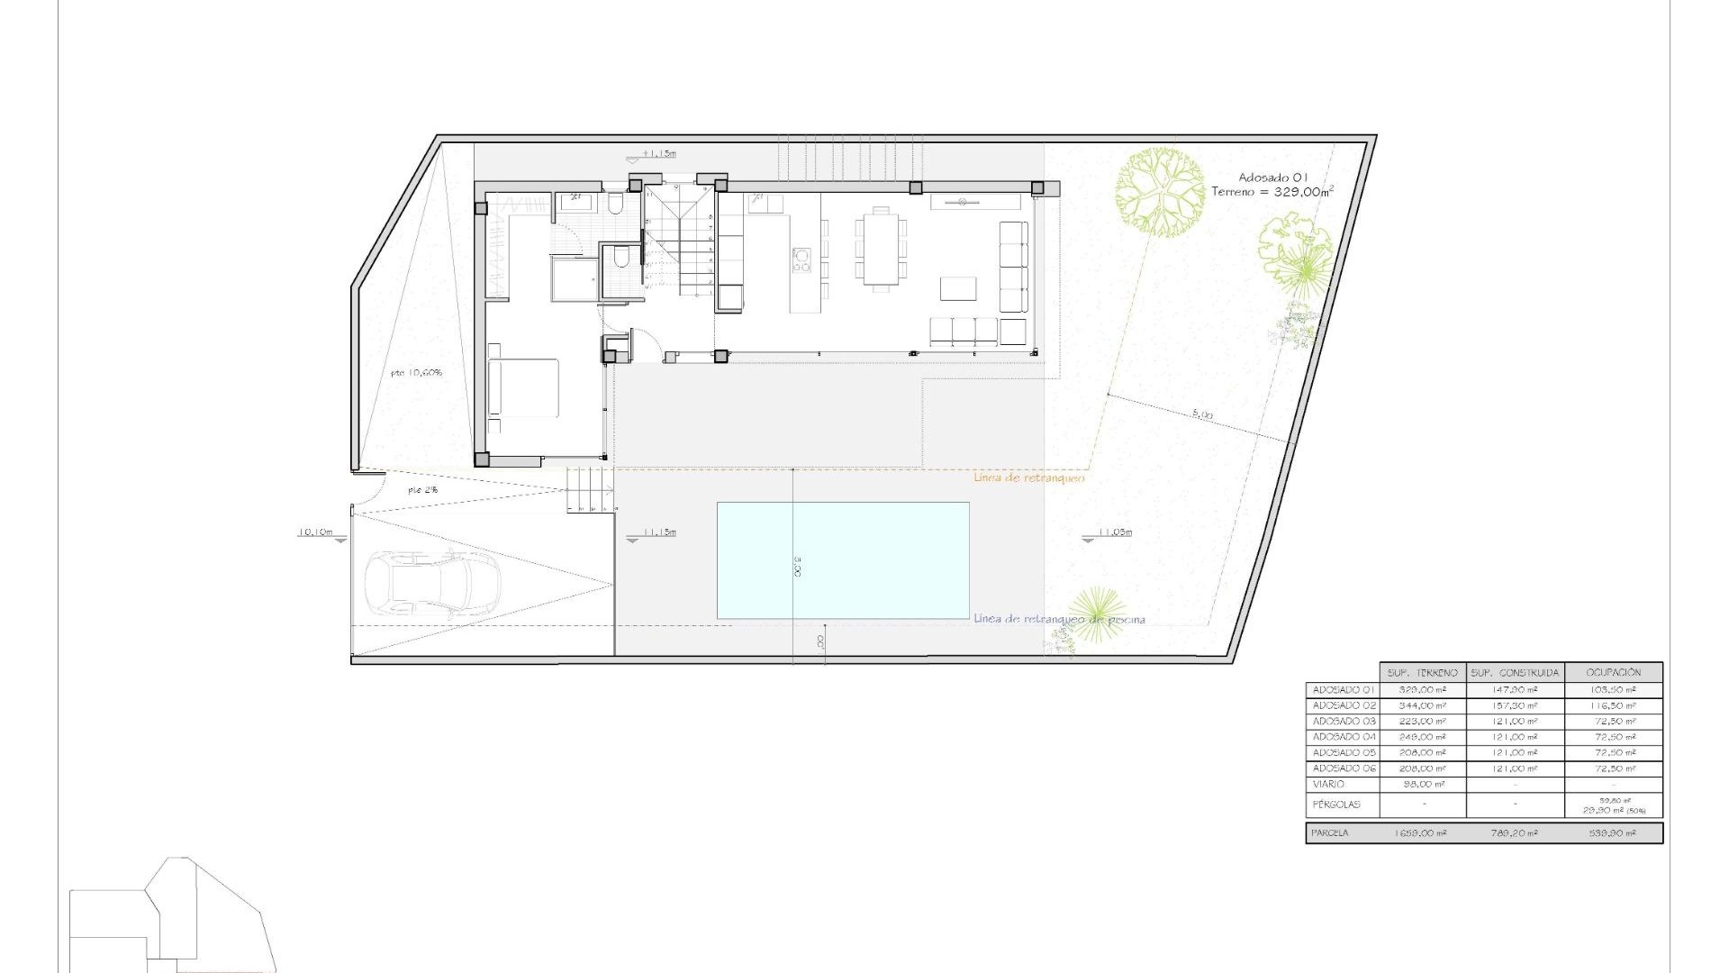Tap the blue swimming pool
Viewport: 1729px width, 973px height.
coord(843,560)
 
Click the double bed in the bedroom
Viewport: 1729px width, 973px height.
coord(523,387)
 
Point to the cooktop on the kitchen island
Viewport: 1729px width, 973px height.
coord(801,260)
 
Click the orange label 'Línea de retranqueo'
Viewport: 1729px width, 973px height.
coord(1029,477)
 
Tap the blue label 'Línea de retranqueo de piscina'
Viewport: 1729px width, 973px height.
coord(1060,619)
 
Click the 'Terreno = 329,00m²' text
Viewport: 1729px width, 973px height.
coord(1272,192)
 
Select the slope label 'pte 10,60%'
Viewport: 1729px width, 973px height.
coord(416,372)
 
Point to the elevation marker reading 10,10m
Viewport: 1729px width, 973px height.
coord(315,532)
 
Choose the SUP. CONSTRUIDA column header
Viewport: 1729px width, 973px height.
coord(1515,672)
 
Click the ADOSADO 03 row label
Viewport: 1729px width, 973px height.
coord(1344,722)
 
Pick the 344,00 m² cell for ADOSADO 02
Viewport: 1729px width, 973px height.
coord(1424,705)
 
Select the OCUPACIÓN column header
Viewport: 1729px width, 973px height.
coord(1613,672)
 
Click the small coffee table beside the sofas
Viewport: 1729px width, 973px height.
coord(957,288)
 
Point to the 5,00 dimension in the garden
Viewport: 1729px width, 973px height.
coord(1202,414)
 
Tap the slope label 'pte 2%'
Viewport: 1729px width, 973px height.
coord(422,490)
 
